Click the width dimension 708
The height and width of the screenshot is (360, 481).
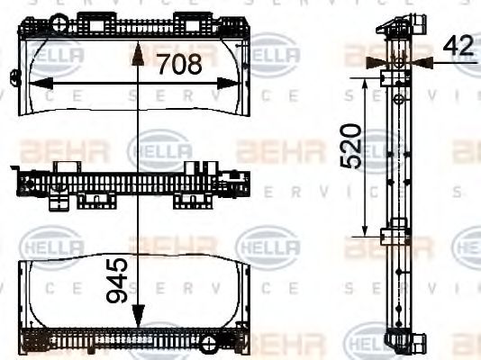point(186,64)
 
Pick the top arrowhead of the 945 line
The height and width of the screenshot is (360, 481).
point(137,53)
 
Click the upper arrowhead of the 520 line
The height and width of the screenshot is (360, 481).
point(365,83)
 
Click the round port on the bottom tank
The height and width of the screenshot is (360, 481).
point(210,343)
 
